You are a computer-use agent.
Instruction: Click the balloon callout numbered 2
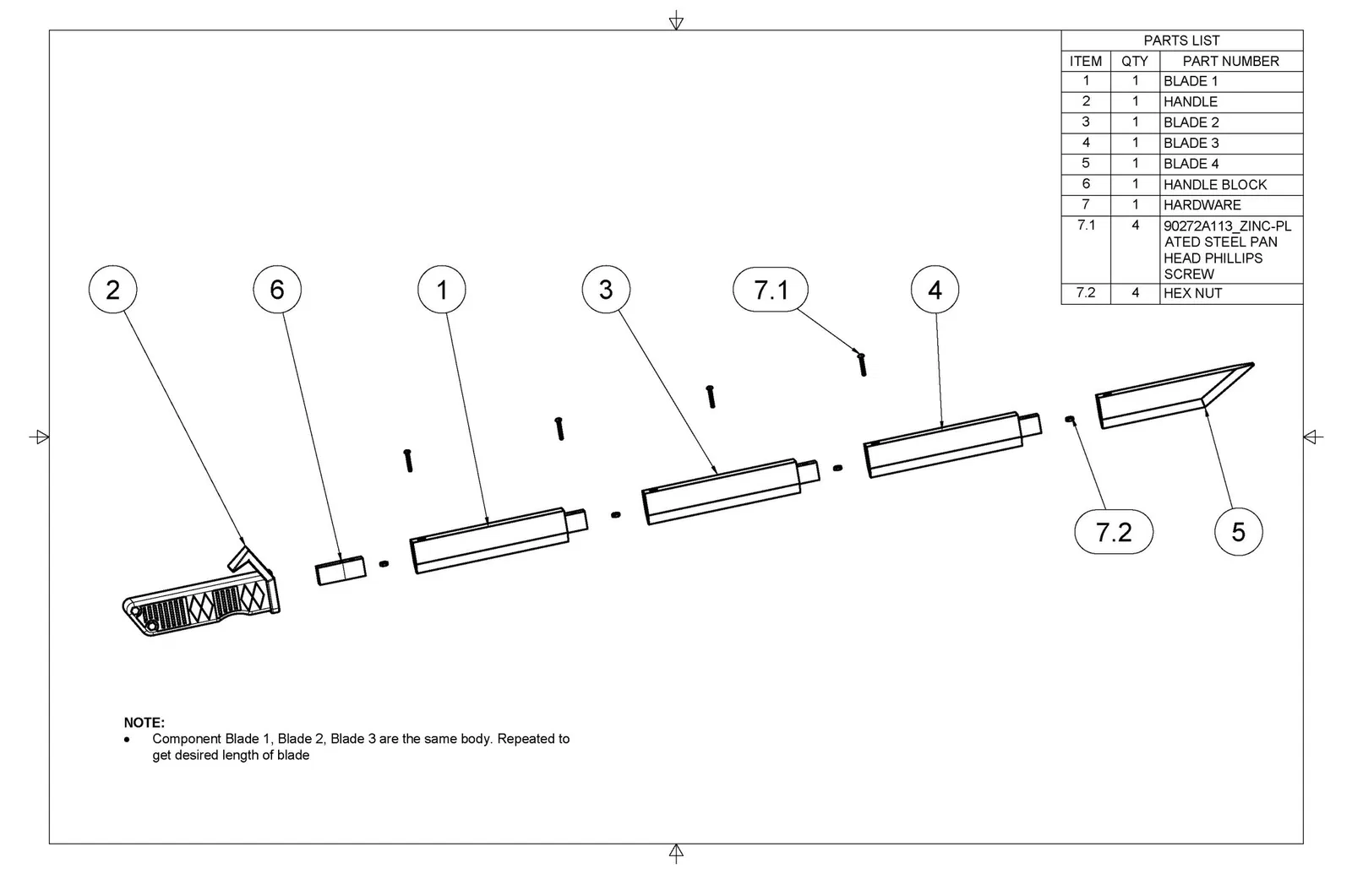[112, 290]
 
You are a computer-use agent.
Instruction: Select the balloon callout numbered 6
[277, 290]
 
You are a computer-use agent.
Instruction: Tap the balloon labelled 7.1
[770, 290]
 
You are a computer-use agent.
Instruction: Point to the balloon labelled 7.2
[1113, 532]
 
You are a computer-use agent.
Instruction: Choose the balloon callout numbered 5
[1238, 532]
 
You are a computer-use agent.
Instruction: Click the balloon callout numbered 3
[606, 290]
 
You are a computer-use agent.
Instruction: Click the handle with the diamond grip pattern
[203, 600]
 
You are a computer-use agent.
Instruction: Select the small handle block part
[341, 570]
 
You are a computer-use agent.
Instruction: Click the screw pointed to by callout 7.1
[862, 364]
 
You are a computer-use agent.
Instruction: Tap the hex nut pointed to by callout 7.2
[1070, 419]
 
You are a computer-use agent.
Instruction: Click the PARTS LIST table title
[1181, 41]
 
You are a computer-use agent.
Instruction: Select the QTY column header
[1134, 61]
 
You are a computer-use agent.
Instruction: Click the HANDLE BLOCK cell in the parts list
[1215, 184]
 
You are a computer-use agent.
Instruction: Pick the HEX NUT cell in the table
[1192, 293]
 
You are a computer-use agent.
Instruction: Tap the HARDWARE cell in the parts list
[1202, 204]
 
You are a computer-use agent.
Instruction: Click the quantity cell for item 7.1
[1135, 225]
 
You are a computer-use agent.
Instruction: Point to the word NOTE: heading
[144, 723]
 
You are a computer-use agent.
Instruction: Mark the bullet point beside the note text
[128, 739]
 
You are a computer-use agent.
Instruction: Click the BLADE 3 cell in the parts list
[1191, 143]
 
